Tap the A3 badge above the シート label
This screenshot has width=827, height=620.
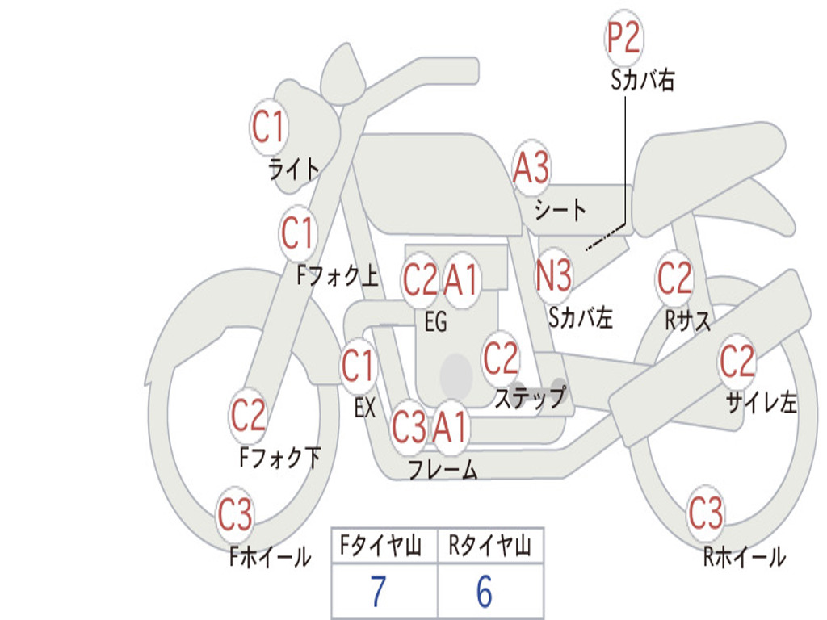[x=531, y=169]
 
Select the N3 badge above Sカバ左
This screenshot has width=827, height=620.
[x=554, y=275]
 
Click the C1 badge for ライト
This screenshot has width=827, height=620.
[x=269, y=127]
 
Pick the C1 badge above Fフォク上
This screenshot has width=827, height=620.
[x=297, y=234]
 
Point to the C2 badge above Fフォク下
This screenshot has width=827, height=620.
[x=248, y=416]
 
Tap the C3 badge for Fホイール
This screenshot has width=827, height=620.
[x=235, y=515]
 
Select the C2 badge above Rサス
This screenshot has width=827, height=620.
[x=674, y=279]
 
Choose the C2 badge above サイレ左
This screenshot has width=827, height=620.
[x=737, y=362]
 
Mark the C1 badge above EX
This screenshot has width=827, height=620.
[x=358, y=367]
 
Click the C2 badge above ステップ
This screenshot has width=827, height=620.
[x=501, y=358]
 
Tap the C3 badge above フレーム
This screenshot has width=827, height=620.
[x=409, y=427]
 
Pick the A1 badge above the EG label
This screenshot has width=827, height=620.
[x=462, y=281]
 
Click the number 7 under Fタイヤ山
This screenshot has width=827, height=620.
[x=378, y=592]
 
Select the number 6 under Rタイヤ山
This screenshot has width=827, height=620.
[x=485, y=592]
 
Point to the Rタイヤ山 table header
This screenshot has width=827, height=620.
[x=490, y=548]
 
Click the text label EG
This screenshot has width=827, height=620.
[x=435, y=322]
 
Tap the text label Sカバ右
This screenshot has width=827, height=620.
[x=643, y=81]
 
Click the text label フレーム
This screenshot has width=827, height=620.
[x=443, y=470]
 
